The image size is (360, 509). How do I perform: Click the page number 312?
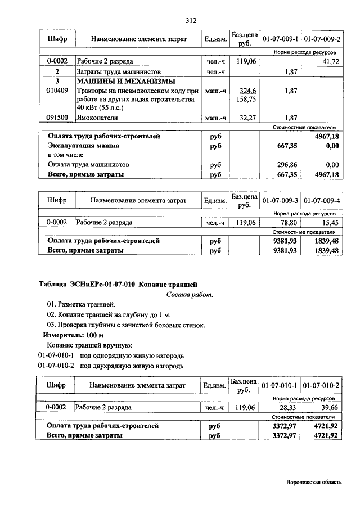(190, 21)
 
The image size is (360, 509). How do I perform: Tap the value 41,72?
(330, 61)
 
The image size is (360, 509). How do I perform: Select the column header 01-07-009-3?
(280, 200)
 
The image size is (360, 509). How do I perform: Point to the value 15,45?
(330, 223)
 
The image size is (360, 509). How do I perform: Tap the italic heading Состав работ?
(190, 295)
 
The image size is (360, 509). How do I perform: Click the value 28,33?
(289, 407)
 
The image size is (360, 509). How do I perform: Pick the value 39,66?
(330, 407)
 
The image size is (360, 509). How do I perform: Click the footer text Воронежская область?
(313, 482)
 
